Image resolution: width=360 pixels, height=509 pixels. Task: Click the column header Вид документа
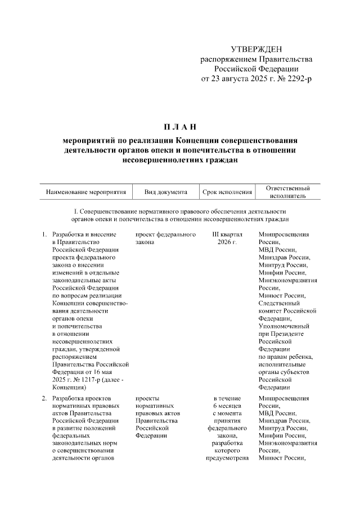click(165, 192)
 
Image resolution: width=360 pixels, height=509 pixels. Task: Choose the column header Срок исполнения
click(227, 192)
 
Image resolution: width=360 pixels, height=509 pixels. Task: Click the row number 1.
click(44, 234)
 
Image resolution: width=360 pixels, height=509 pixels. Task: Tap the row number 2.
click(44, 398)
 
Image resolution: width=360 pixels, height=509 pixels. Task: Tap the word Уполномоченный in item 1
click(283, 326)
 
